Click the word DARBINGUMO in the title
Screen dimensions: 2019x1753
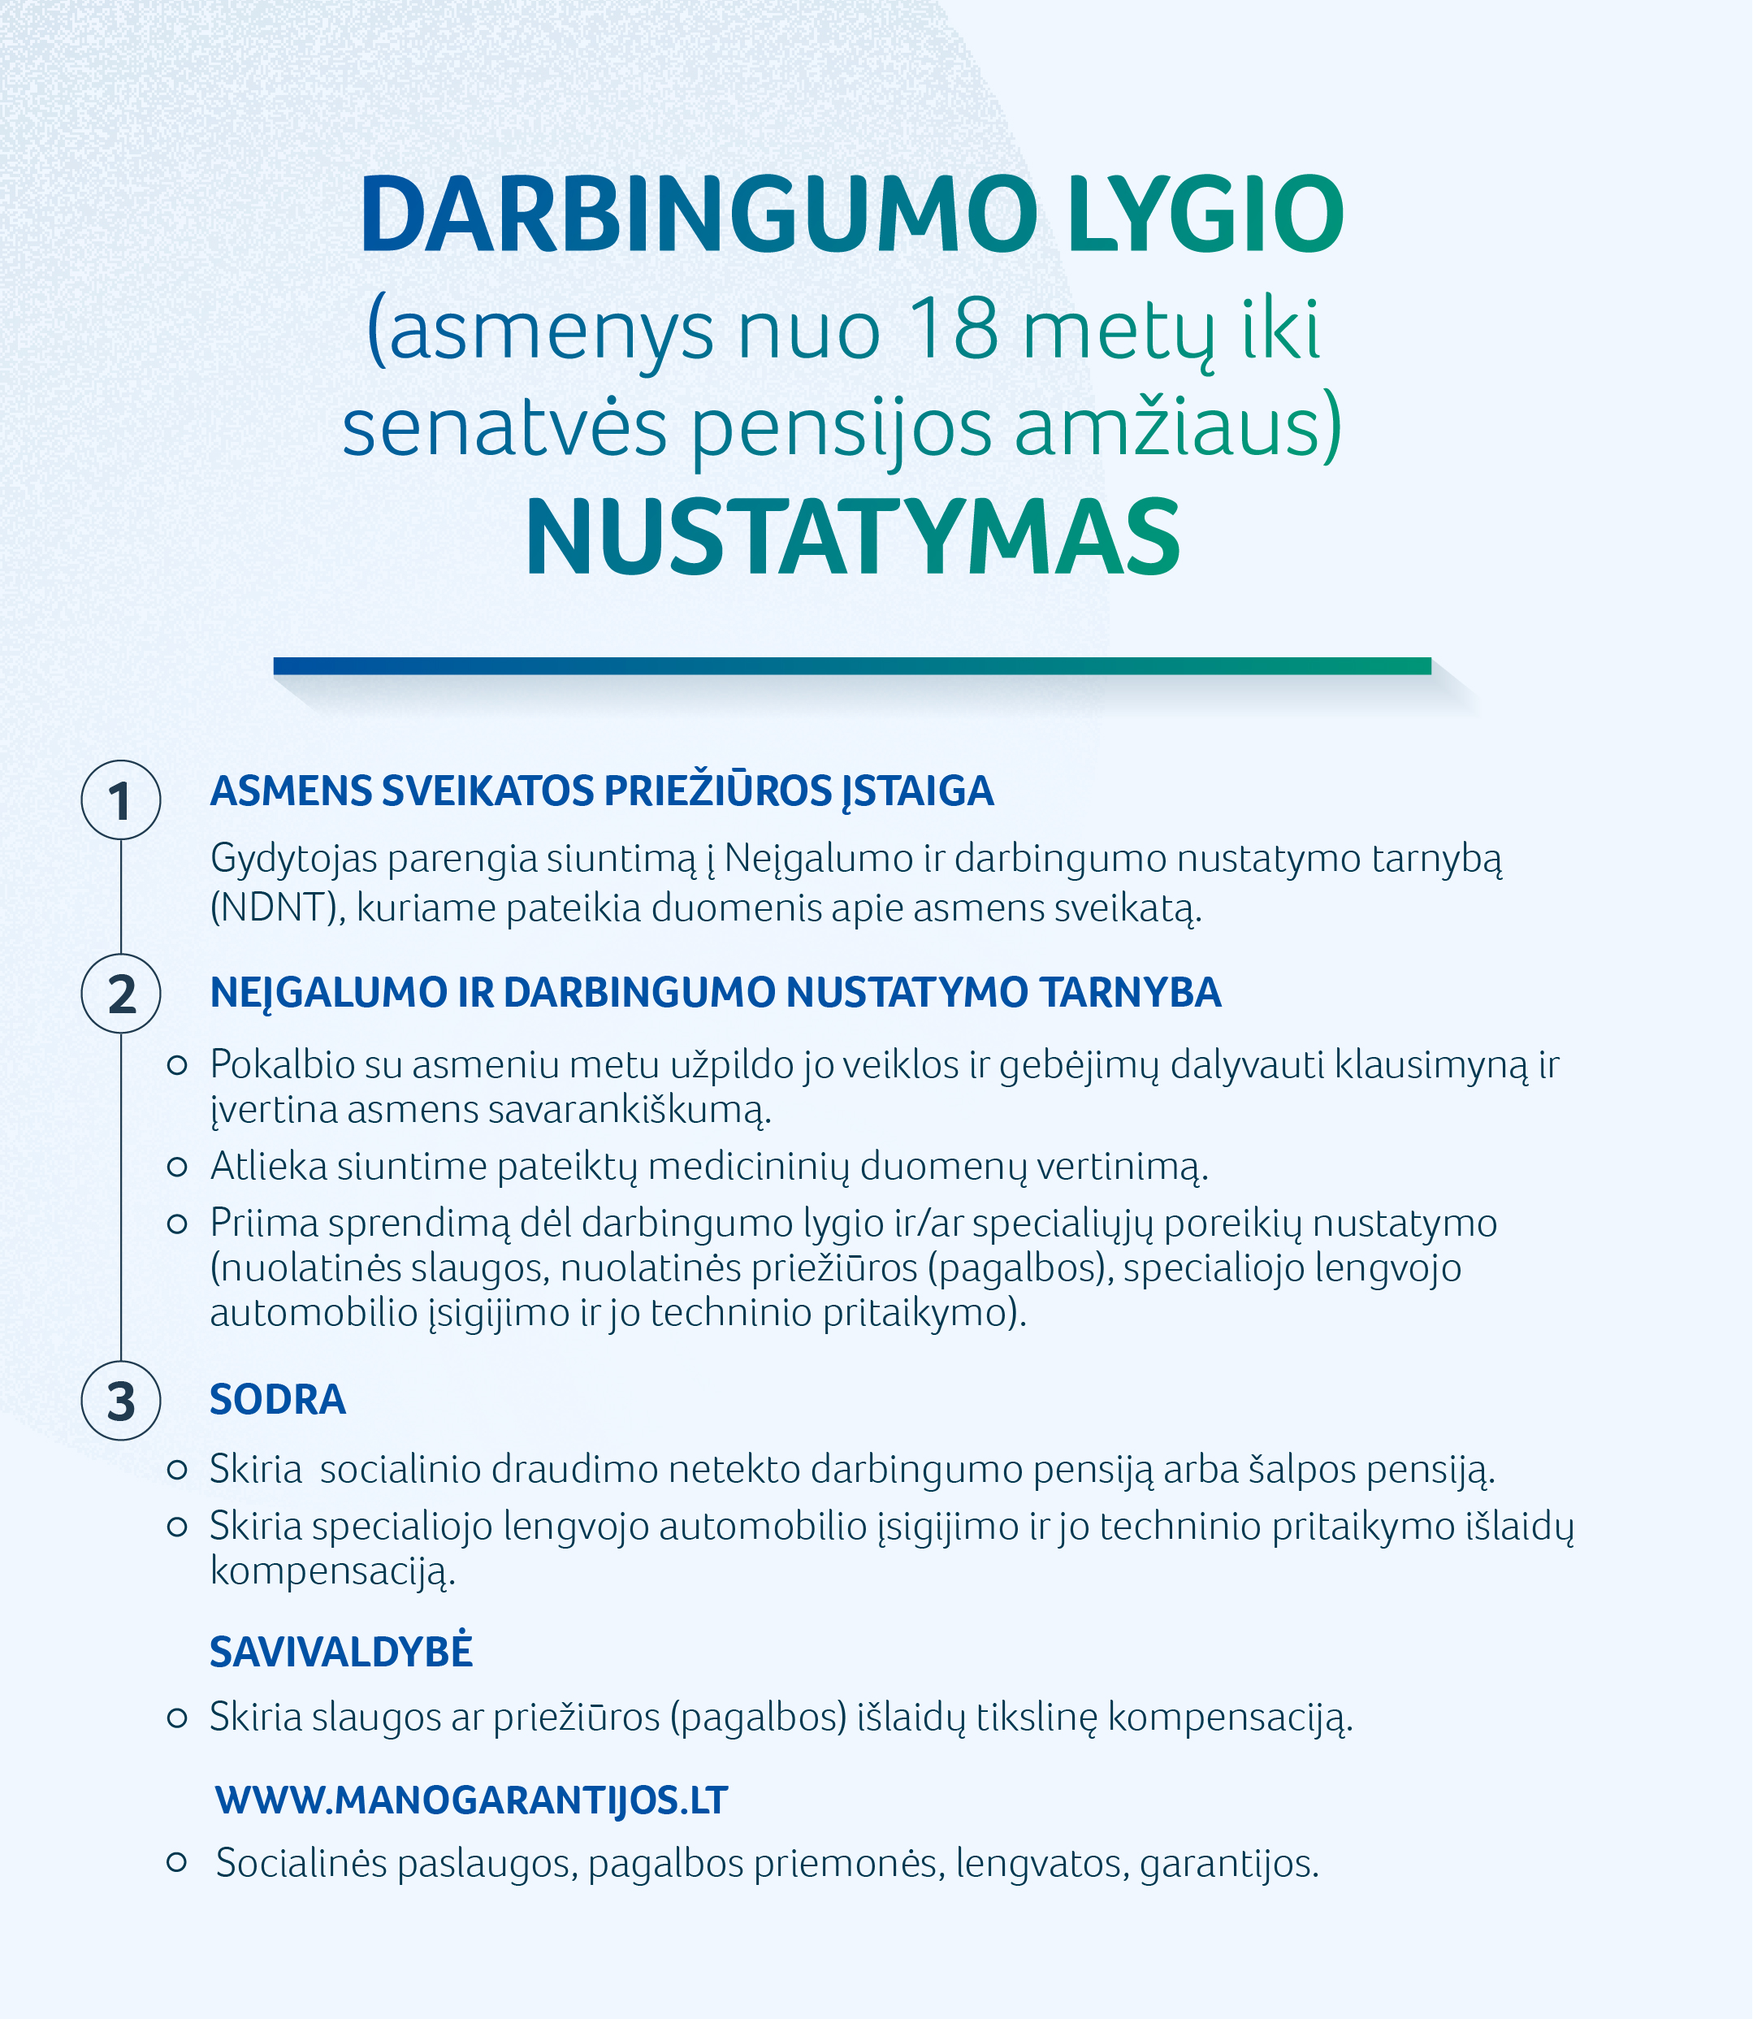point(698,215)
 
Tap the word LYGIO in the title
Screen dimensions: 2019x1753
point(1205,215)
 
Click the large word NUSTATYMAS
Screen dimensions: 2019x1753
point(852,539)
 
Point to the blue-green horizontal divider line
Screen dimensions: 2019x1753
point(851,666)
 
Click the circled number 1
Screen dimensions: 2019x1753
point(120,800)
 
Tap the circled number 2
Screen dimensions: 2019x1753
point(120,993)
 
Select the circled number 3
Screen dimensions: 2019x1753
point(120,1401)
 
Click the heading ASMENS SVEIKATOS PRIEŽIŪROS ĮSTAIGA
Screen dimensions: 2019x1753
point(602,791)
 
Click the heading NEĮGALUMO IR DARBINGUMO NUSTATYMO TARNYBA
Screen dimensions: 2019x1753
point(715,993)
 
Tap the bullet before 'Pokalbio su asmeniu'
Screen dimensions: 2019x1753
point(177,1065)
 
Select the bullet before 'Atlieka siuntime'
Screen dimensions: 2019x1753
point(177,1166)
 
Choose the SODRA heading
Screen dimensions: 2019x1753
point(278,1400)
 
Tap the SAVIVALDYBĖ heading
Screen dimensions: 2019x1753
point(340,1653)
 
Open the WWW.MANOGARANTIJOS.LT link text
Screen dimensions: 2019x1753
point(471,1800)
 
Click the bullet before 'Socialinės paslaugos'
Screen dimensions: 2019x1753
point(177,1861)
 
